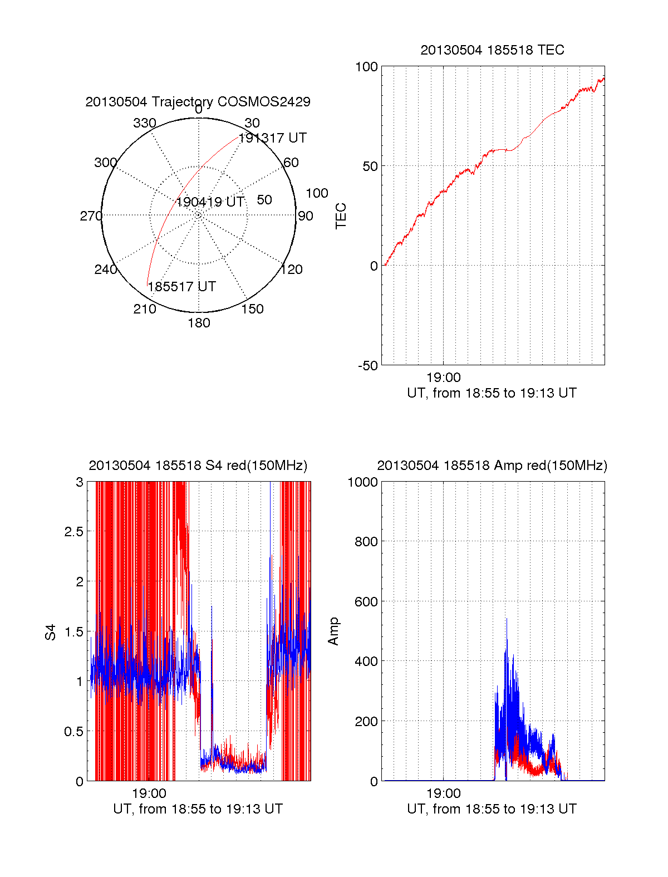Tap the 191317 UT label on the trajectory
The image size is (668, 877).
(273, 138)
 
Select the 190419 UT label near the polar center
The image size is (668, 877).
(210, 202)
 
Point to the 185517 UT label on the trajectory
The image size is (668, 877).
(181, 287)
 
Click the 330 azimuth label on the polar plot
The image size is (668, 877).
(144, 123)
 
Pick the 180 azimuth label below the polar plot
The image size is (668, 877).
(199, 323)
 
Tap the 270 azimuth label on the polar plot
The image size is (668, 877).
(91, 216)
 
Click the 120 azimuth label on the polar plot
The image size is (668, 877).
(292, 270)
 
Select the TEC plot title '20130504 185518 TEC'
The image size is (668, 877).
(492, 50)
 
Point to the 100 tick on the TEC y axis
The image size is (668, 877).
(366, 67)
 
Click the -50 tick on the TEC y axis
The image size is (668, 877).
(367, 366)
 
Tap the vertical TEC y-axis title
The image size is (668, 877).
(341, 216)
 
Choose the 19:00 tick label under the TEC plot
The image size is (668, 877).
(444, 378)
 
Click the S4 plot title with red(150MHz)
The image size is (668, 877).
(198, 466)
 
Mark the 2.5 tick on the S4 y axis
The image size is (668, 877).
(73, 532)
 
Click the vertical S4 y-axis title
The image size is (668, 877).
(51, 632)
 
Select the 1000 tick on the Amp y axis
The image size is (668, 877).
(363, 482)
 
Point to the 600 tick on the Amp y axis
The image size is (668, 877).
(366, 602)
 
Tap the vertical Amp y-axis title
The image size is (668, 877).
(333, 631)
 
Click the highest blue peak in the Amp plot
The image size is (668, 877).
(507, 619)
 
